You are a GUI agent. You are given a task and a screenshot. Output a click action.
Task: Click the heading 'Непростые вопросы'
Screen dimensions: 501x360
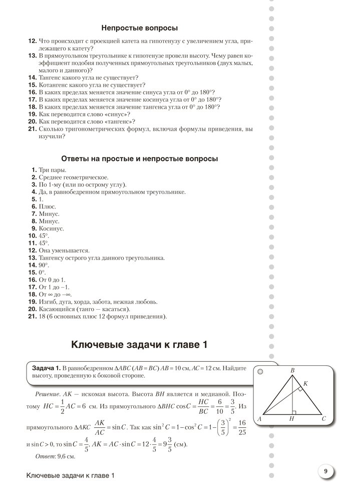pyautogui.click(x=140, y=29)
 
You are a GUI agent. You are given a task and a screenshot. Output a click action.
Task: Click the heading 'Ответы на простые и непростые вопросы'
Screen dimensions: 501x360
pyautogui.click(x=140, y=159)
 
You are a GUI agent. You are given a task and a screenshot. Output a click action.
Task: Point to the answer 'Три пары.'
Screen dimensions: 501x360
pyautogui.click(x=52, y=170)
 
